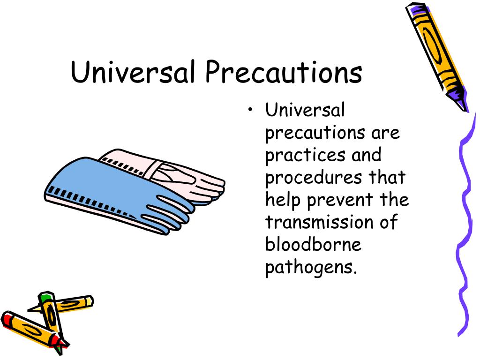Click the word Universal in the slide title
pyautogui.click(x=132, y=73)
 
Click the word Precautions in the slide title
pyautogui.click(x=283, y=73)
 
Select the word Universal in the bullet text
pyautogui.click(x=305, y=111)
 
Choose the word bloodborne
pyautogui.click(x=313, y=244)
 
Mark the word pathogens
pyautogui.click(x=308, y=268)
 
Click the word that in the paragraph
pyautogui.click(x=386, y=178)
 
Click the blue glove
pyautogui.click(x=117, y=192)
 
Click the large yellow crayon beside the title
pyautogui.click(x=436, y=54)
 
